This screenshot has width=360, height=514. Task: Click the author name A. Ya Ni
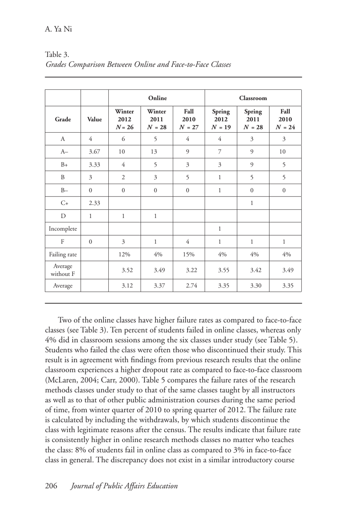pyautogui.click(x=58, y=29)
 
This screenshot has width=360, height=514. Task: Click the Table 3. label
pyautogui.click(x=57, y=55)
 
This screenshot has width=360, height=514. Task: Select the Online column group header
pyautogui.click(x=157, y=98)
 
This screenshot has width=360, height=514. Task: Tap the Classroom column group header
pyautogui.click(x=253, y=98)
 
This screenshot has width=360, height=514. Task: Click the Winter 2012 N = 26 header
pyautogui.click(x=124, y=119)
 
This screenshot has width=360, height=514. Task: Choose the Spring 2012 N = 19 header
pyautogui.click(x=221, y=119)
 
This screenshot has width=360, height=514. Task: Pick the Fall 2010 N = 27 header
pyautogui.click(x=189, y=119)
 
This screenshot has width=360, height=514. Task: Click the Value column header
pyautogui.click(x=94, y=119)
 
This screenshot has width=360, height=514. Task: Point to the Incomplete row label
pyautogui.click(x=63, y=229)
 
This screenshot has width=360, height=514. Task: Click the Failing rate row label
pyautogui.click(x=63, y=255)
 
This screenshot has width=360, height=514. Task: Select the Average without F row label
pyautogui.click(x=63, y=270)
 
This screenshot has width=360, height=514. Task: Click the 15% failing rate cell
pyautogui.click(x=189, y=255)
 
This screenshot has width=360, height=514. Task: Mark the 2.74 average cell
pyautogui.click(x=191, y=286)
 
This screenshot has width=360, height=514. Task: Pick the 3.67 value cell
pyautogui.click(x=94, y=152)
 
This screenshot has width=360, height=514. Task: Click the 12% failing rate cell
pyautogui.click(x=124, y=255)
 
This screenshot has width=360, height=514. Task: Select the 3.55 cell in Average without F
pyautogui.click(x=224, y=270)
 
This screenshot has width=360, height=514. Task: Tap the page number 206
pyautogui.click(x=51, y=486)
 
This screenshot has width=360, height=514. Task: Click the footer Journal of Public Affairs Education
pyautogui.click(x=124, y=486)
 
